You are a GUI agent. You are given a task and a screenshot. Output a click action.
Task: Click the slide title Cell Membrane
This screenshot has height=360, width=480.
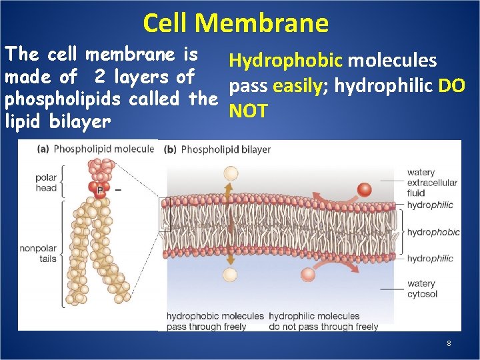pyautogui.click(x=235, y=23)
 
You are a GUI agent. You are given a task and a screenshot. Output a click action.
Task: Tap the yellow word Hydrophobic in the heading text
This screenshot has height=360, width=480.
pyautogui.click(x=286, y=61)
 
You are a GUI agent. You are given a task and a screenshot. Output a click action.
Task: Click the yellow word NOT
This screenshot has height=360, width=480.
pyautogui.click(x=248, y=111)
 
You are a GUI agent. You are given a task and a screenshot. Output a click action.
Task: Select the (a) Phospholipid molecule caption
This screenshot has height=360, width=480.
pyautogui.click(x=95, y=149)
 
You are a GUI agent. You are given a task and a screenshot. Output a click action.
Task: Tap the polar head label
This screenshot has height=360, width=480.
pyautogui.click(x=46, y=183)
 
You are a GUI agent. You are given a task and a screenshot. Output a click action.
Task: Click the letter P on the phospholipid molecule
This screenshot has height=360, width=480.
pyautogui.click(x=99, y=191)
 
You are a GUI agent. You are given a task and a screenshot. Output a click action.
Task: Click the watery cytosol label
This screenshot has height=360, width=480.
pyautogui.click(x=421, y=288)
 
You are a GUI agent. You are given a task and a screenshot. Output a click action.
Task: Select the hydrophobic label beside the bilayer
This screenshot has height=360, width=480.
pyautogui.click(x=433, y=232)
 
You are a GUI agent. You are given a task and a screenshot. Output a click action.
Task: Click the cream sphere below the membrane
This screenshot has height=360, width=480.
pyautogui.click(x=230, y=275)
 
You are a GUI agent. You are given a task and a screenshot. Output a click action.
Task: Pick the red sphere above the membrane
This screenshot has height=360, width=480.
pyautogui.click(x=364, y=189)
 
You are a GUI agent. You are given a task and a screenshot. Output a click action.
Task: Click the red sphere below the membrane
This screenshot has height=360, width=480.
pyautogui.click(x=308, y=274)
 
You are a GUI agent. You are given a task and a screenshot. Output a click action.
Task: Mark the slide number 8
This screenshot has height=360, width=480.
pyautogui.click(x=449, y=343)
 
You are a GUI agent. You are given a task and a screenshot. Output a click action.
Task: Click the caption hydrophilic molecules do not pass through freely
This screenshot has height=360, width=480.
pyautogui.click(x=323, y=321)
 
